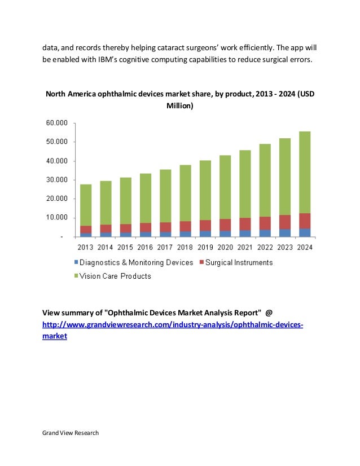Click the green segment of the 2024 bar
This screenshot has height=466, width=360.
(x=304, y=172)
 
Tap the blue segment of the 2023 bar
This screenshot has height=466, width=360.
(x=284, y=232)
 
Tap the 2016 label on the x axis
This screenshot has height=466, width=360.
(x=145, y=247)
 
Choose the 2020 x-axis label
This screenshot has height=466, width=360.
(x=225, y=247)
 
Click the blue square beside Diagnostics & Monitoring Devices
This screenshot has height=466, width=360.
(x=75, y=263)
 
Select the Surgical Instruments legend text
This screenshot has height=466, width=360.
(x=239, y=262)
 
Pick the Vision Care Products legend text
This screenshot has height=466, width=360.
(x=115, y=276)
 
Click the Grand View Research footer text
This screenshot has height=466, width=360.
(x=71, y=433)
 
